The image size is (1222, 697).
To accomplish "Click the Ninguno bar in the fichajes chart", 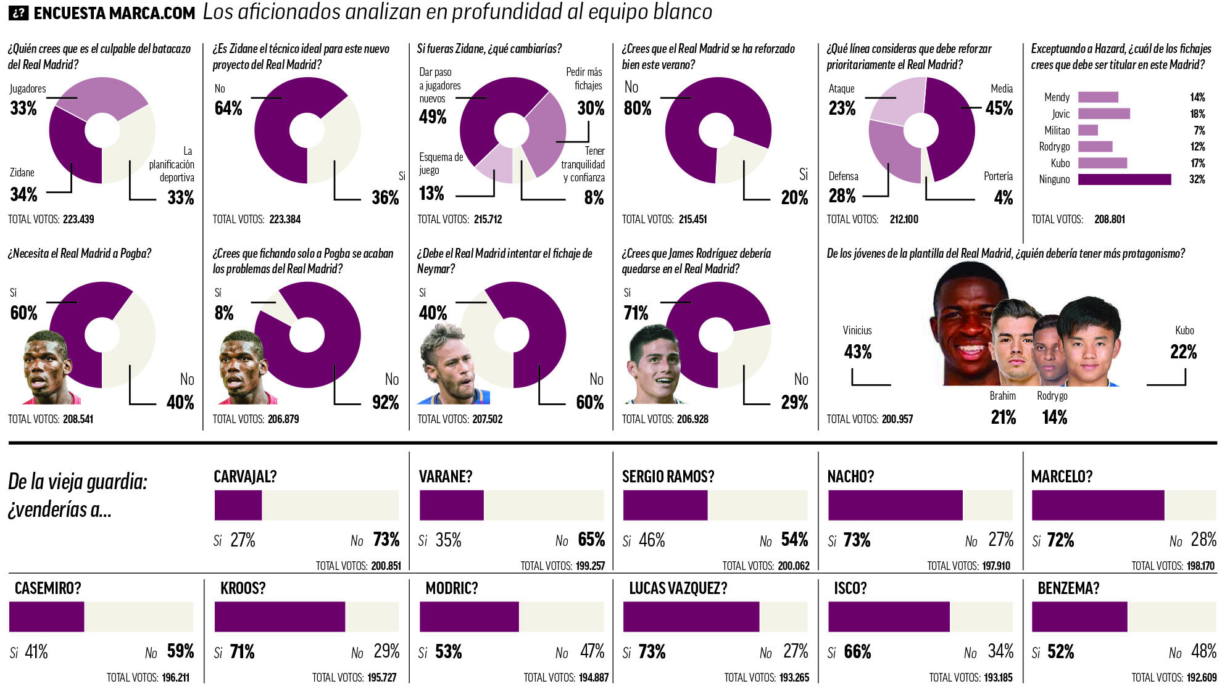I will [1124, 179].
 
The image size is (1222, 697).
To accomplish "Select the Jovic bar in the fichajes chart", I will [1104, 113].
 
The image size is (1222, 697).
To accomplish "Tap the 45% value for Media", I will [999, 109].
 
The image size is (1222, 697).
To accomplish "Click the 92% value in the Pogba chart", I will [385, 402].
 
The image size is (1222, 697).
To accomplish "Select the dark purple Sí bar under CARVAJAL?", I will [238, 505].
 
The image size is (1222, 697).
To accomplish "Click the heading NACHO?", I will [850, 476].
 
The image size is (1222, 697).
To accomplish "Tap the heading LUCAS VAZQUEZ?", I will [678, 588].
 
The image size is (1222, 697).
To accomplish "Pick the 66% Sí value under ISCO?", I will [857, 652].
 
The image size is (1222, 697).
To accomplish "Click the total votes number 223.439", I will [78, 219].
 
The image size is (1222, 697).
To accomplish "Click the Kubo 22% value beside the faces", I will [1183, 352].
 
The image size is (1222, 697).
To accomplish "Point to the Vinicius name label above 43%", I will [857, 331].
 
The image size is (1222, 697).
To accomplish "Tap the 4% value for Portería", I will [1003, 198].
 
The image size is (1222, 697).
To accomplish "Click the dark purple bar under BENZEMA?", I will [1079, 617].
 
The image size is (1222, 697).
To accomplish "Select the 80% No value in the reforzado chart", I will [638, 109].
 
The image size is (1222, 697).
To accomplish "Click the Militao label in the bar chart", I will [1057, 130].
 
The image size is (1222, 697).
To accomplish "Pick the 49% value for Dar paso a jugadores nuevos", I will [432, 117].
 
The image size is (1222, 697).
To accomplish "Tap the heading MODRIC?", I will [452, 588].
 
